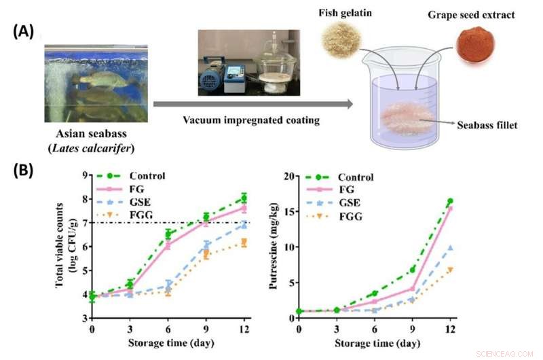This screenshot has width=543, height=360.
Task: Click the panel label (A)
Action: [x=22, y=33]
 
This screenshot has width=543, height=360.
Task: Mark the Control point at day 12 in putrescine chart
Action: [x=449, y=201]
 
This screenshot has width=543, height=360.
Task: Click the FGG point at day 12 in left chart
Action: [x=244, y=242]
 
